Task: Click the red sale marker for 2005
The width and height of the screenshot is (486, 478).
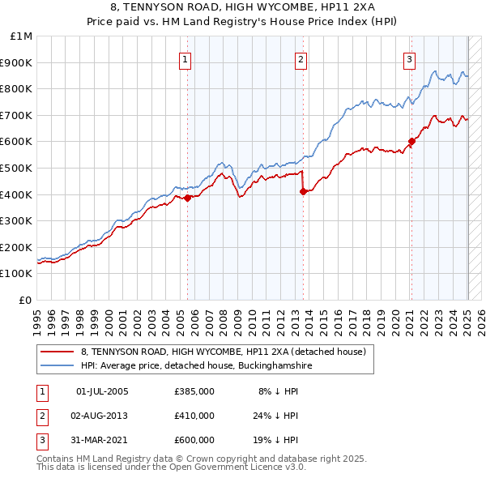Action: click(x=187, y=198)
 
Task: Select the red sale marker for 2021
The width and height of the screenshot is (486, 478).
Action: click(x=411, y=141)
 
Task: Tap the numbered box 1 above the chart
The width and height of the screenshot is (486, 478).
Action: click(x=185, y=58)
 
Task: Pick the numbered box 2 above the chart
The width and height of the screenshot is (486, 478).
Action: click(x=301, y=58)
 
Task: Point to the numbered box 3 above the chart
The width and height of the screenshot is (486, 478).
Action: click(x=409, y=58)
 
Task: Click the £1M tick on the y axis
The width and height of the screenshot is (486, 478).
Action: click(x=22, y=36)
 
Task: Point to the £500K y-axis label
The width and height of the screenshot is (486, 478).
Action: click(x=17, y=168)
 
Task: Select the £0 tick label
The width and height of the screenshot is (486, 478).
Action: click(x=26, y=300)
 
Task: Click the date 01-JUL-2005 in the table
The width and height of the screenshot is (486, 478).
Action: click(x=102, y=391)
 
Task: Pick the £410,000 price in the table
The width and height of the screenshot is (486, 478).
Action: click(x=194, y=416)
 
